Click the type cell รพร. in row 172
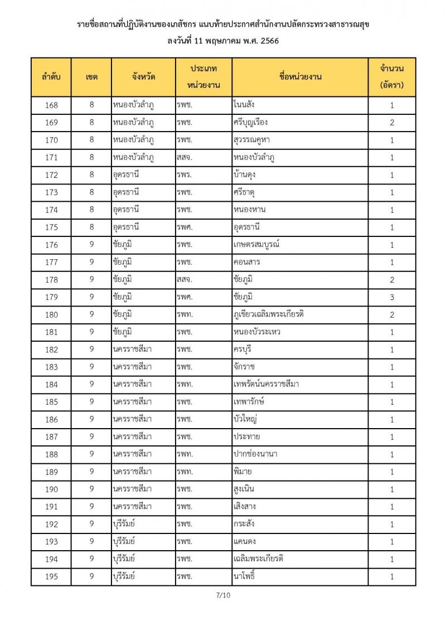185,175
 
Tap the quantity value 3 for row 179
392,297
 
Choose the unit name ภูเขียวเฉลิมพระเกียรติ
269,315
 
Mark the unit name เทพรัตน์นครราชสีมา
266,385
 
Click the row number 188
51,454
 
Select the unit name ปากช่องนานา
255,454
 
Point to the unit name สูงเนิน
246,489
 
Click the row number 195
51,576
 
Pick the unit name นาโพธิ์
244,576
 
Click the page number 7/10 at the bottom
223,595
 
